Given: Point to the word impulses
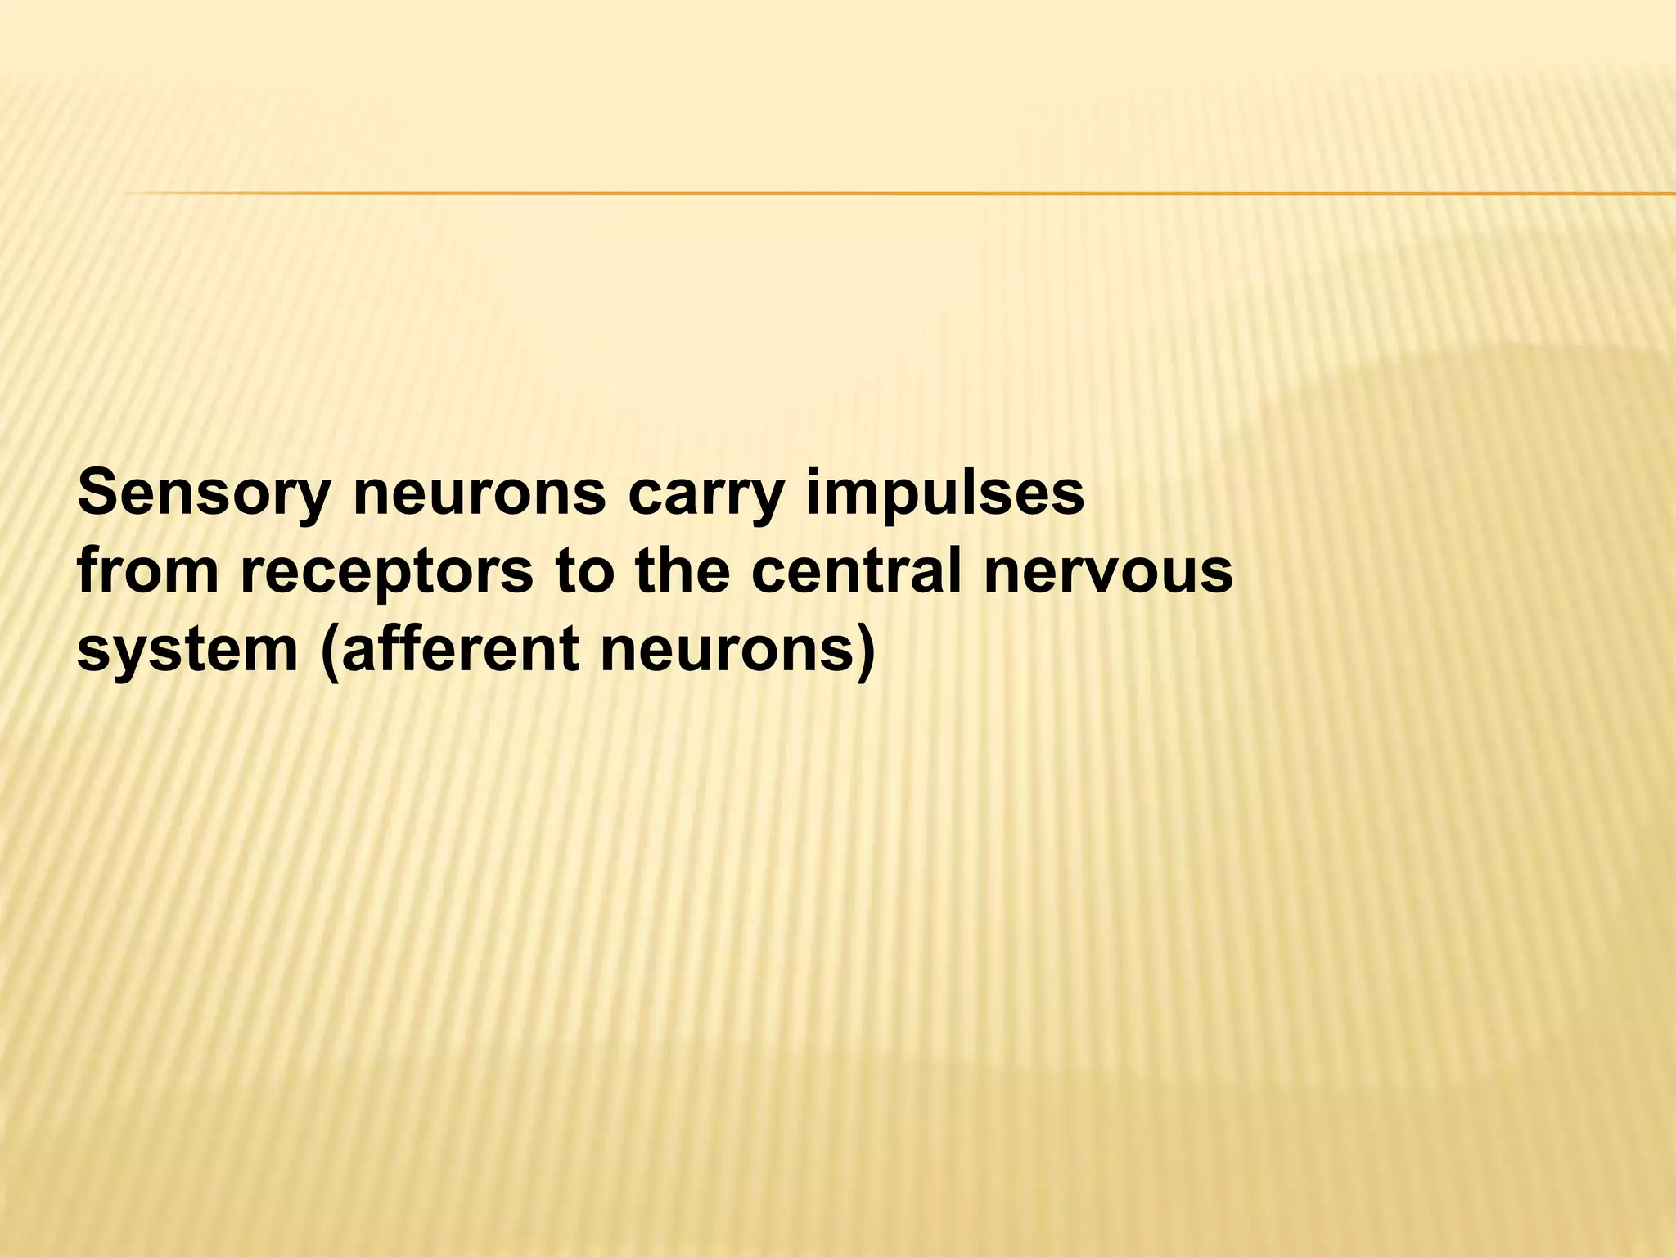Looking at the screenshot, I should (944, 494).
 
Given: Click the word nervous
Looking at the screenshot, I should (1108, 573).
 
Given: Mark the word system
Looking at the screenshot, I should (187, 651).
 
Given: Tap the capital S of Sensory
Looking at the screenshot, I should (97, 493).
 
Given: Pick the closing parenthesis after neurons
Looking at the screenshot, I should (863, 652).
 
